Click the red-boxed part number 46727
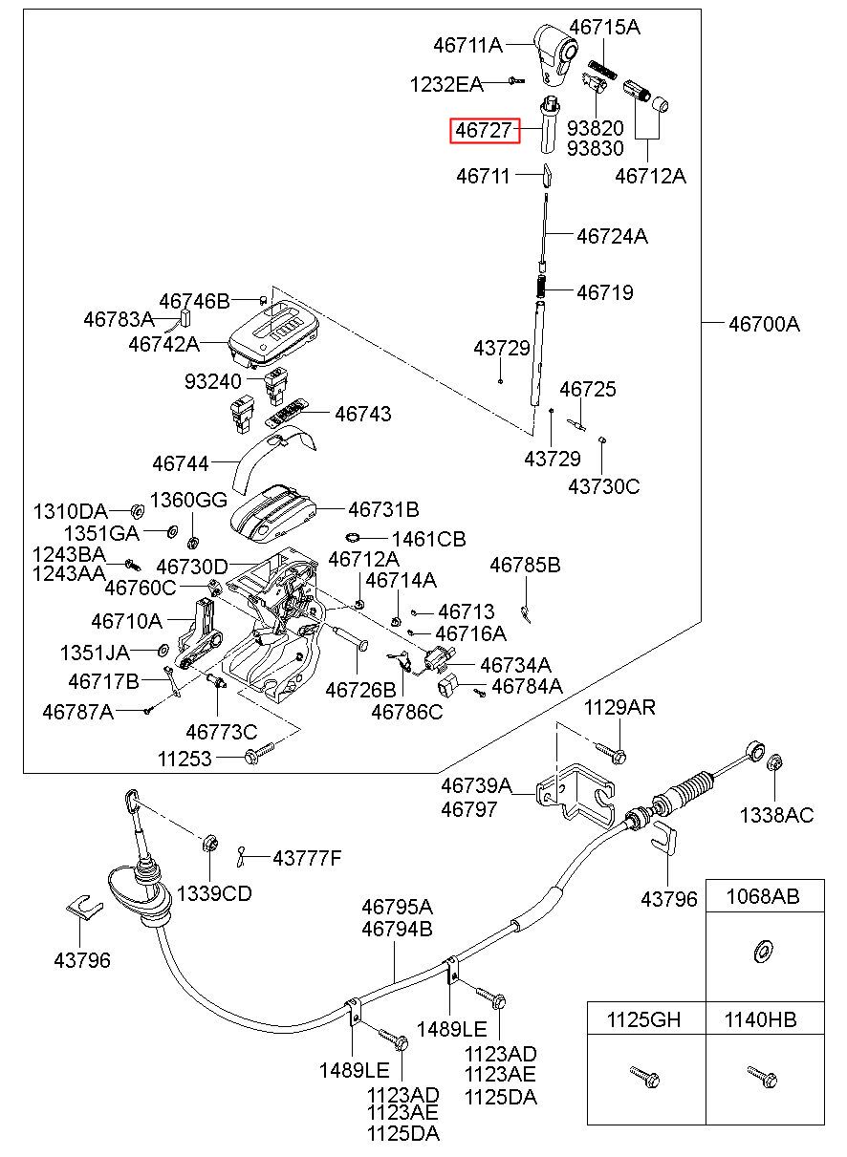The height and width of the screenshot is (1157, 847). (x=484, y=130)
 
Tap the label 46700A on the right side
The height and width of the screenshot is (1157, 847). (x=764, y=325)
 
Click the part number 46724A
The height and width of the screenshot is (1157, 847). (x=612, y=236)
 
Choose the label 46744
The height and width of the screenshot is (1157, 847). (x=181, y=463)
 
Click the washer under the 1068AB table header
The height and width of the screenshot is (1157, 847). (x=761, y=952)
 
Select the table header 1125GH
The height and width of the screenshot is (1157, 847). (x=643, y=1020)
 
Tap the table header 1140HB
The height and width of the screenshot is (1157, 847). (x=760, y=1020)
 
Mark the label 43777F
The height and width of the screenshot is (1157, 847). (x=307, y=859)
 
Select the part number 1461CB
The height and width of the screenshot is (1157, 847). (x=429, y=539)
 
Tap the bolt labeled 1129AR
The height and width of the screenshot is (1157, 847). (x=611, y=753)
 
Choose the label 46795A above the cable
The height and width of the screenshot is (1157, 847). (x=397, y=907)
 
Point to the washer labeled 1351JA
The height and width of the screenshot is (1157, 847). (x=163, y=651)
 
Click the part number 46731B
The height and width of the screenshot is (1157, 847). (x=383, y=509)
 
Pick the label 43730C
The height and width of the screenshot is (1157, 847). (x=603, y=486)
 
